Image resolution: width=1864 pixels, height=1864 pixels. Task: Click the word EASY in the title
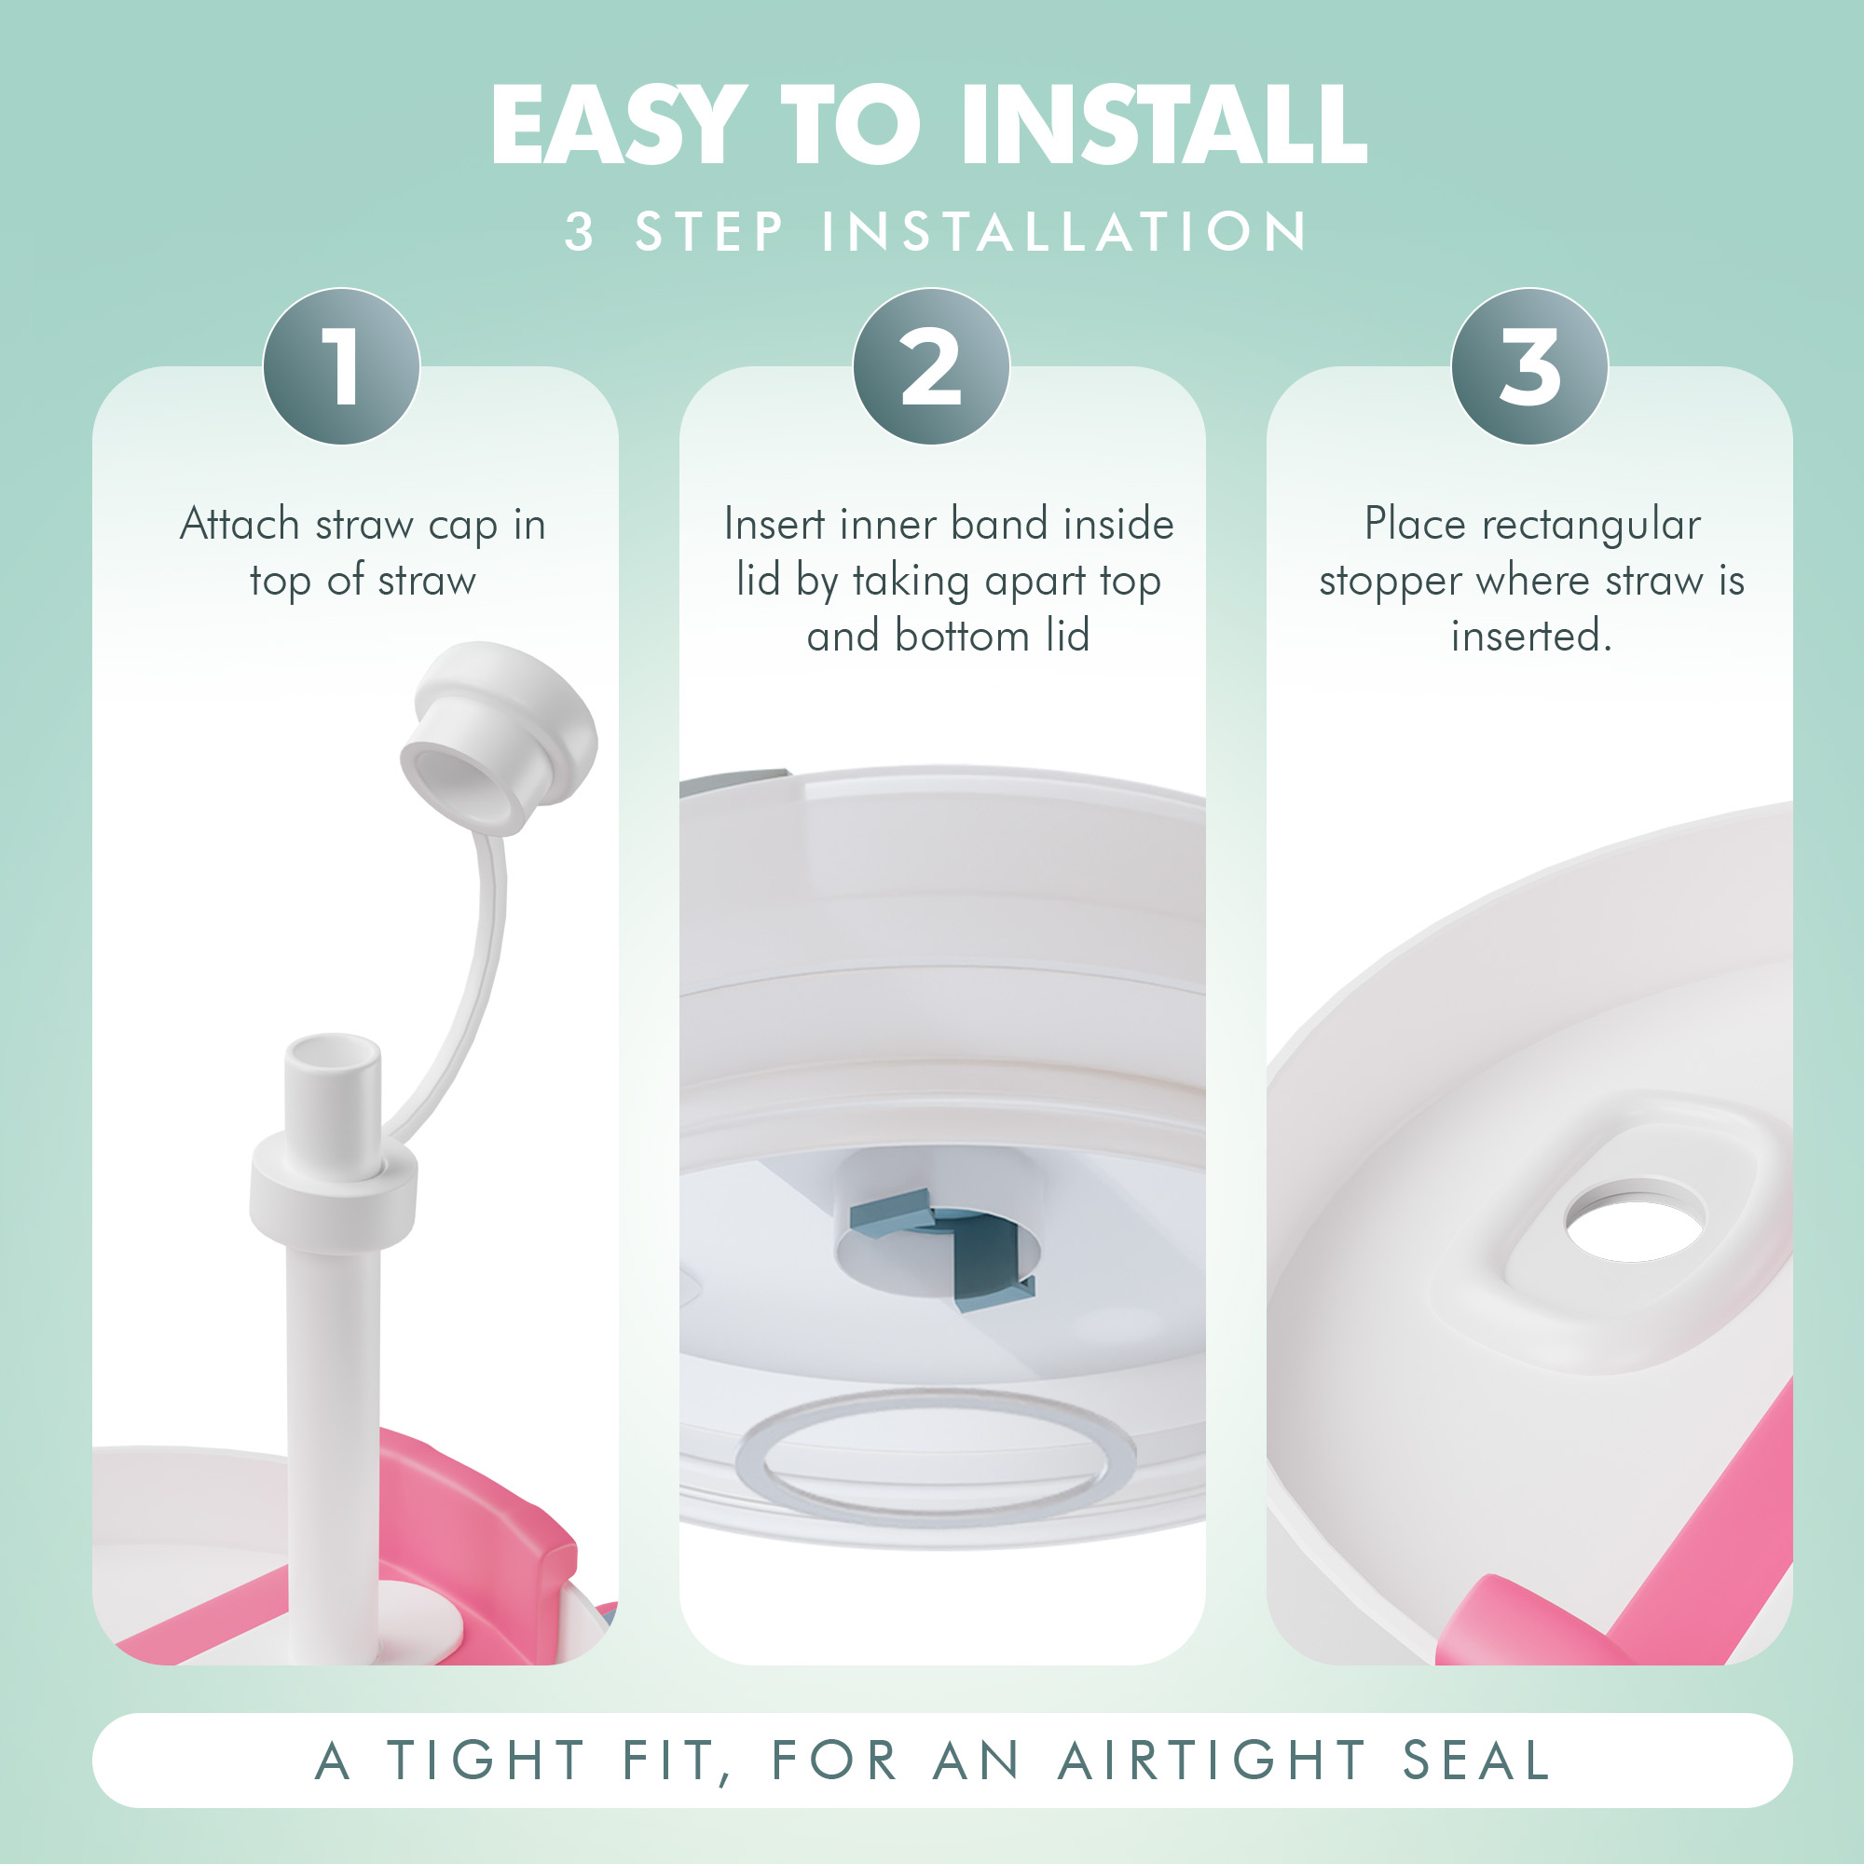tap(619, 125)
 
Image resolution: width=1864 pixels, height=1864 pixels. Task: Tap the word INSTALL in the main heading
tap(1163, 125)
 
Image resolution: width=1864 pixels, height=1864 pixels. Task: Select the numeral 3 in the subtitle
tap(579, 231)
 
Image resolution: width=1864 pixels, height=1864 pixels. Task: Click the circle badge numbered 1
tap(341, 365)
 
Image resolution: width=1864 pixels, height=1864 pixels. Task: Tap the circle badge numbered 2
tap(931, 365)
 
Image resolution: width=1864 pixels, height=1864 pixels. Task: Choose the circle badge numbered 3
tap(1529, 365)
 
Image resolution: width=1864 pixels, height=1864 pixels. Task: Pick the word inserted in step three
tap(1531, 636)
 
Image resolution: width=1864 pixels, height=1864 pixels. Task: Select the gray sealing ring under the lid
tap(934, 1456)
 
